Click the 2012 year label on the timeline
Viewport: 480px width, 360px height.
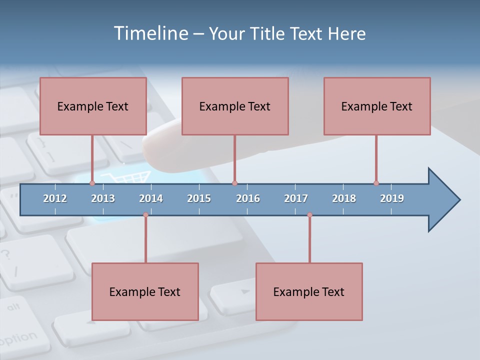click(x=55, y=198)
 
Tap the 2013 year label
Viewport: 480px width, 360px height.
click(x=103, y=198)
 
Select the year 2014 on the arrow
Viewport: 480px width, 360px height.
click(x=151, y=198)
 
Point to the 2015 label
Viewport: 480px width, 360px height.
click(x=199, y=198)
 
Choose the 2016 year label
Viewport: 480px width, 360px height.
click(x=248, y=198)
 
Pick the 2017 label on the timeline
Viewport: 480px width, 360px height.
click(x=296, y=198)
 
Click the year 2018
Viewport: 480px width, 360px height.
click(x=344, y=198)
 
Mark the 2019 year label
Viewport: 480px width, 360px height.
click(x=392, y=198)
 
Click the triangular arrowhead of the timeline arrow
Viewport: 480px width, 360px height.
click(x=442, y=200)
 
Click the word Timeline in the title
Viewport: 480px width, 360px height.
click(x=150, y=33)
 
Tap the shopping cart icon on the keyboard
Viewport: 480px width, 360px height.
click(x=125, y=176)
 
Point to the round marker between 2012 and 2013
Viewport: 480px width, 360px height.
click(x=92, y=183)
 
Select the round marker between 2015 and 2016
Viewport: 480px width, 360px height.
click(x=234, y=183)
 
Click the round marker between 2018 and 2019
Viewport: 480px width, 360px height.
click(x=376, y=183)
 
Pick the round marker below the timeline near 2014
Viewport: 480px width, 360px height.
click(x=145, y=215)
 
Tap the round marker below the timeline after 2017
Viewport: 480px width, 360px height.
click(x=309, y=215)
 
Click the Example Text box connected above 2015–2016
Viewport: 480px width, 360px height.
click(x=235, y=106)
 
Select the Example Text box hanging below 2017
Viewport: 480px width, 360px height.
click(x=309, y=291)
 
